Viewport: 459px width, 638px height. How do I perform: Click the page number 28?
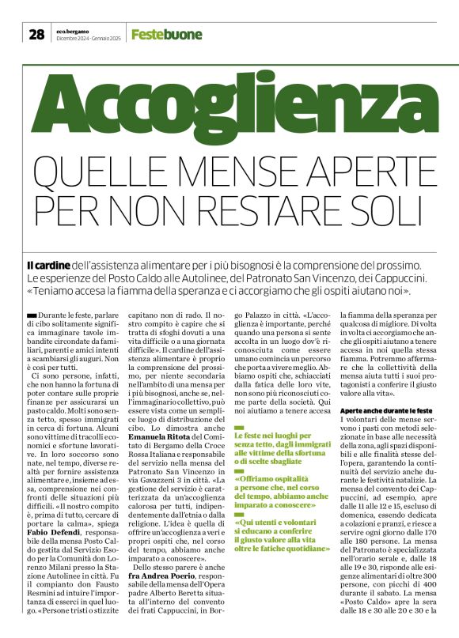point(36,34)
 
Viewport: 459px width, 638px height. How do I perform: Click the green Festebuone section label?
point(166,35)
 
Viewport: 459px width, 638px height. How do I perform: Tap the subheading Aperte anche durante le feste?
point(385,412)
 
